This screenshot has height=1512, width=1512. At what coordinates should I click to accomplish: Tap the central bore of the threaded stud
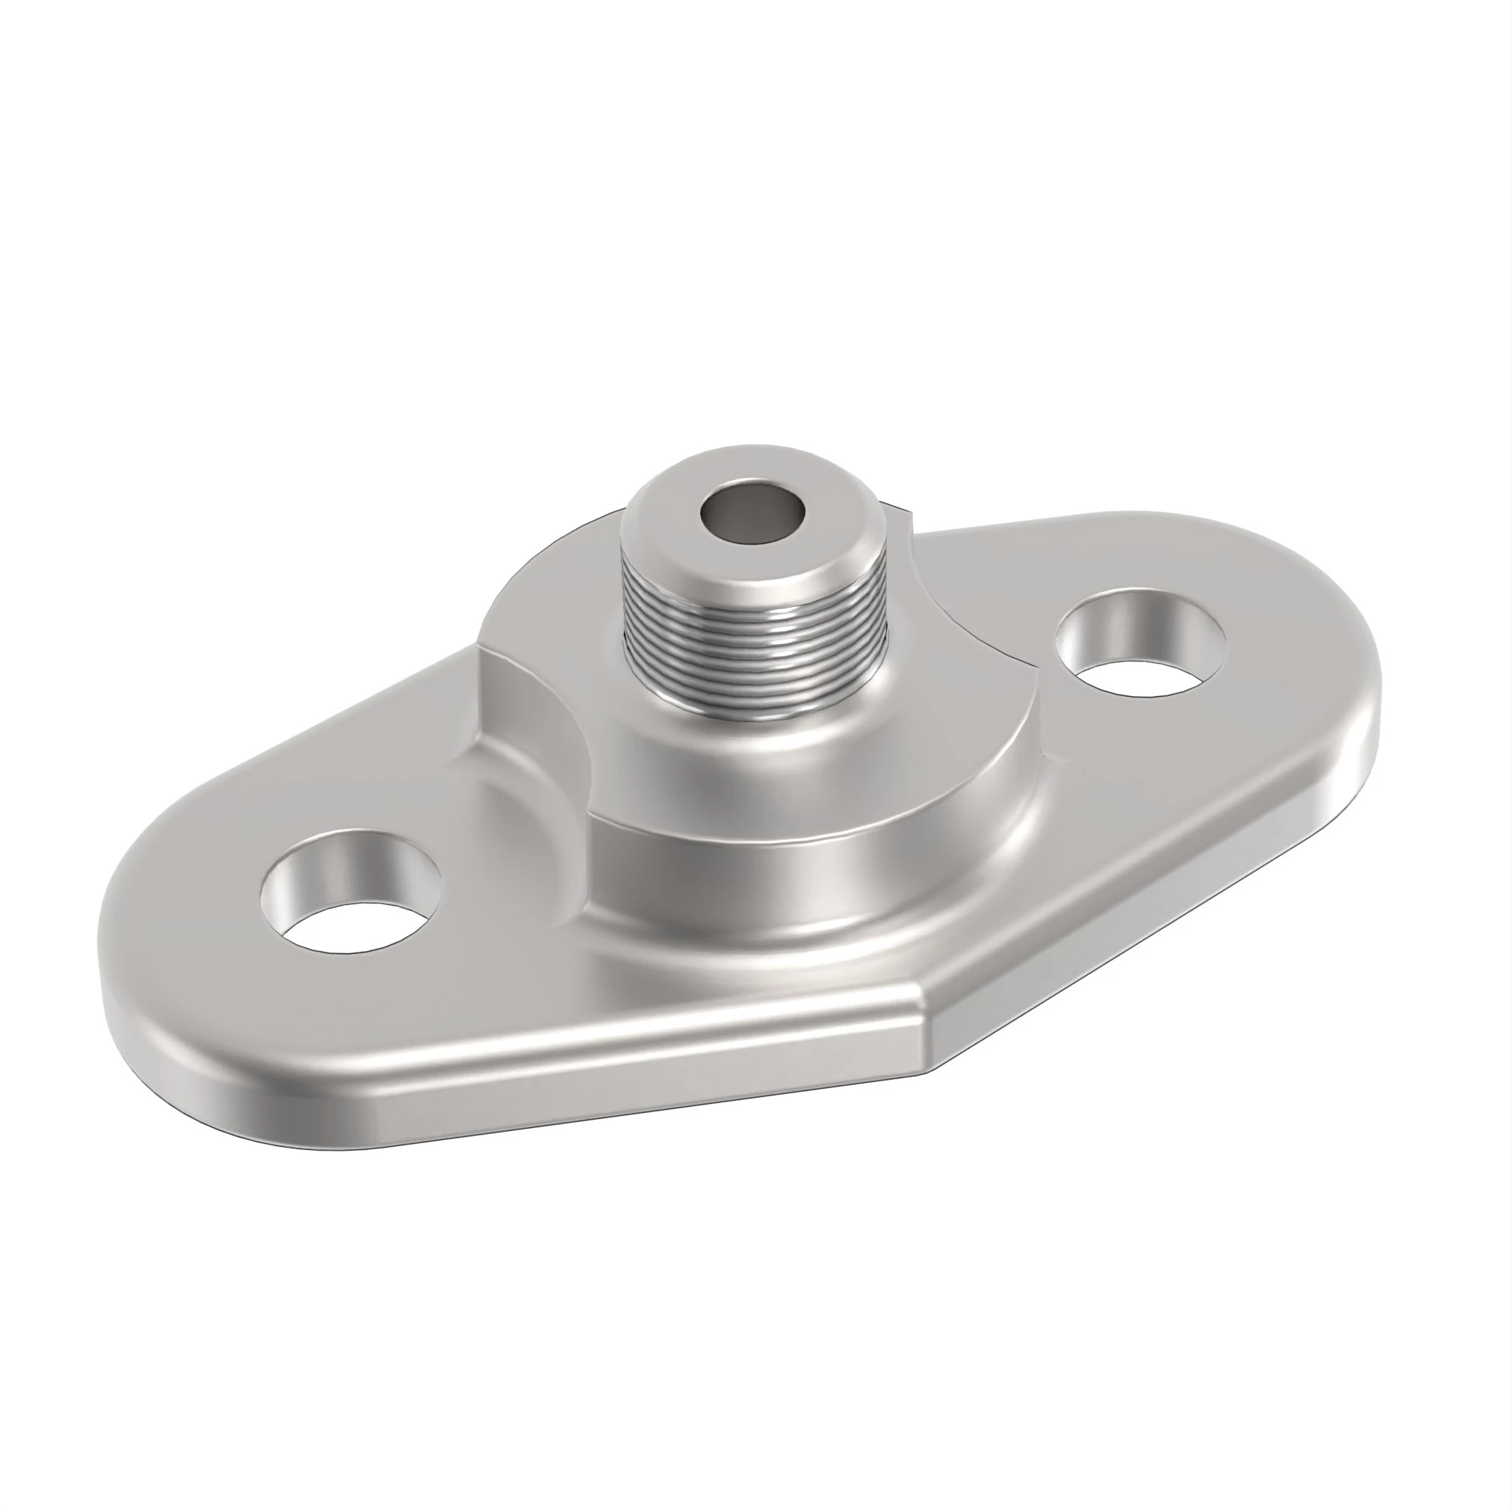pos(753,517)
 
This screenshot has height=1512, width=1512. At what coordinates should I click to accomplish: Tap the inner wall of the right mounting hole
pos(1135,618)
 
